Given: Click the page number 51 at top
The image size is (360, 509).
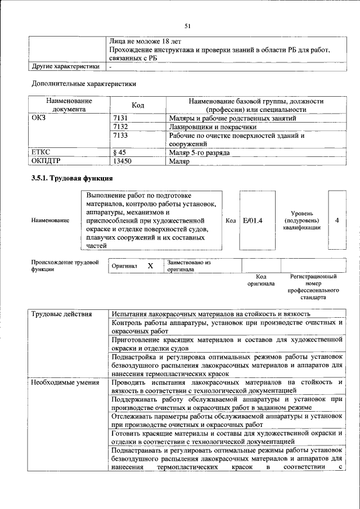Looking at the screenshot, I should (187, 25).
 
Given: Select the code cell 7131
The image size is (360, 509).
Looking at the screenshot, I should (121, 119).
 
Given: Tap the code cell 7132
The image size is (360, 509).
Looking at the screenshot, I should (121, 127).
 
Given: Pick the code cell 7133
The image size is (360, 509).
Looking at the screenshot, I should (121, 136).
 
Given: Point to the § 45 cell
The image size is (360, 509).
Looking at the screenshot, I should (119, 152).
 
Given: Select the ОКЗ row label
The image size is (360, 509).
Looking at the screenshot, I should (39, 119).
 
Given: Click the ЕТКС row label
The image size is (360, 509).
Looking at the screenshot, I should (41, 152).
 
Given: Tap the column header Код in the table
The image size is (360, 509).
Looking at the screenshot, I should (138, 105).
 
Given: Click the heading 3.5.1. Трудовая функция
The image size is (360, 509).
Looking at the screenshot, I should (72, 178).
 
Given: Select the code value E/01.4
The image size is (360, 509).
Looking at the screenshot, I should (253, 220).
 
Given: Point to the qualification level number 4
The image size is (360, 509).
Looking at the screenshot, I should (336, 220).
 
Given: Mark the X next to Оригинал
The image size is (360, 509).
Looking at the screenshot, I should (150, 265).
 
